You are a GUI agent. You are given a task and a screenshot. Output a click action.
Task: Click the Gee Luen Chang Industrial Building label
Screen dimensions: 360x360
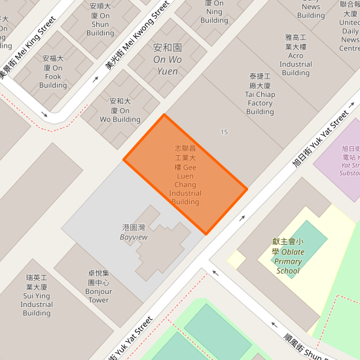[x=185, y=175]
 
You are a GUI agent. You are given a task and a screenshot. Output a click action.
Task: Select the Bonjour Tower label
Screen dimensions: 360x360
[x=99, y=287]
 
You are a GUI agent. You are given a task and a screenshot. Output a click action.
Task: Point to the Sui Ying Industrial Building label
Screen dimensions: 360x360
[x=37, y=295]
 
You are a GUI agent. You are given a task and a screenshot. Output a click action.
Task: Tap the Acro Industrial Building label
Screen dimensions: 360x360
[x=296, y=56]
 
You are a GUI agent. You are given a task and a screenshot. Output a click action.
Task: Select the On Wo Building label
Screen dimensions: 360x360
[x=120, y=111]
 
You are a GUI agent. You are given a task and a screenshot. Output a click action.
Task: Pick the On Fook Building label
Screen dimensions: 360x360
[x=53, y=71]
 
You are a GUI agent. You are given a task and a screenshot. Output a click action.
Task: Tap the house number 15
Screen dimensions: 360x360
[x=225, y=132]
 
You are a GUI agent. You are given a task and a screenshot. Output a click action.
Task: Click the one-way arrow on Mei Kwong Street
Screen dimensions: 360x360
[x=96, y=79]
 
